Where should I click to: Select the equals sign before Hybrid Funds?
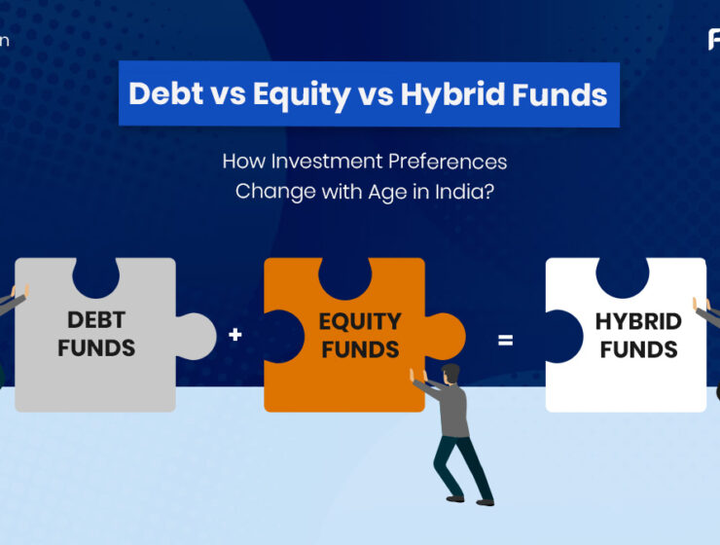505,340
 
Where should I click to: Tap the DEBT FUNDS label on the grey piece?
95,334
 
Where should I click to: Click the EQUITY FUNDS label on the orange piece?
360,334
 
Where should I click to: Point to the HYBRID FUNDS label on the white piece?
637,336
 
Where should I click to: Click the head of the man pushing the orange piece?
450,375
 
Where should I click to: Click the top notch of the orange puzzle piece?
344,275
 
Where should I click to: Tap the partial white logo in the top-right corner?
713,40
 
